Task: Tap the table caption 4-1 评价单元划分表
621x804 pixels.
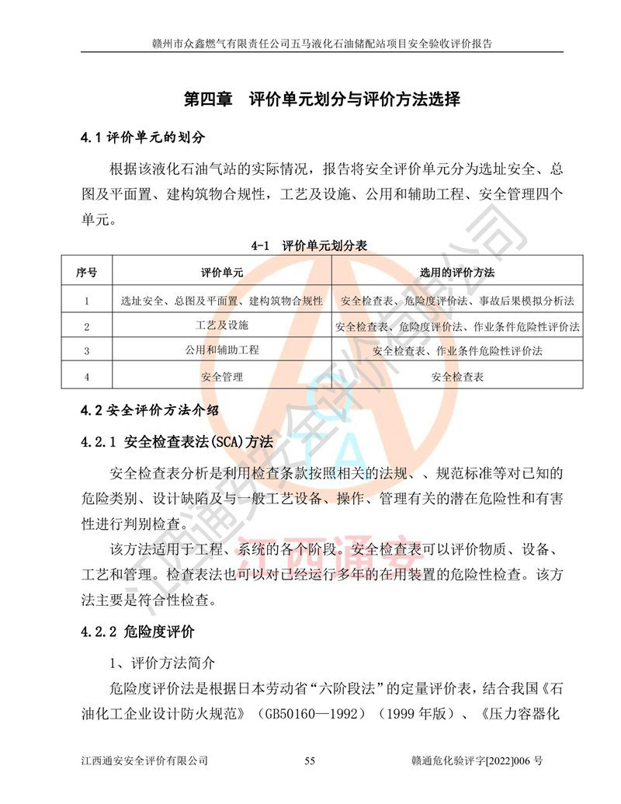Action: [310, 245]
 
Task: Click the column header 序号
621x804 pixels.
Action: [86, 273]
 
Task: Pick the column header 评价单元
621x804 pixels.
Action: [222, 273]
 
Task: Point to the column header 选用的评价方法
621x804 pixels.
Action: [457, 273]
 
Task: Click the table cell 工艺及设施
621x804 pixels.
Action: [222, 324]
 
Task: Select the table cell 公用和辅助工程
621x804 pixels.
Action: [222, 350]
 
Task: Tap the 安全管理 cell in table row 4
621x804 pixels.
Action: [222, 377]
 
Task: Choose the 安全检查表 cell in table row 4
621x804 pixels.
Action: [457, 377]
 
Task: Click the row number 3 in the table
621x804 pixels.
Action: [86, 351]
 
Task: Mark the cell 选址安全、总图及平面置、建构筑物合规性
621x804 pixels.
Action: [222, 300]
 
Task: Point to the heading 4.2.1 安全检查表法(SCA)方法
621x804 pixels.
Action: [177, 442]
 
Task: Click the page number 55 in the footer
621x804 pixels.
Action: [310, 761]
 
